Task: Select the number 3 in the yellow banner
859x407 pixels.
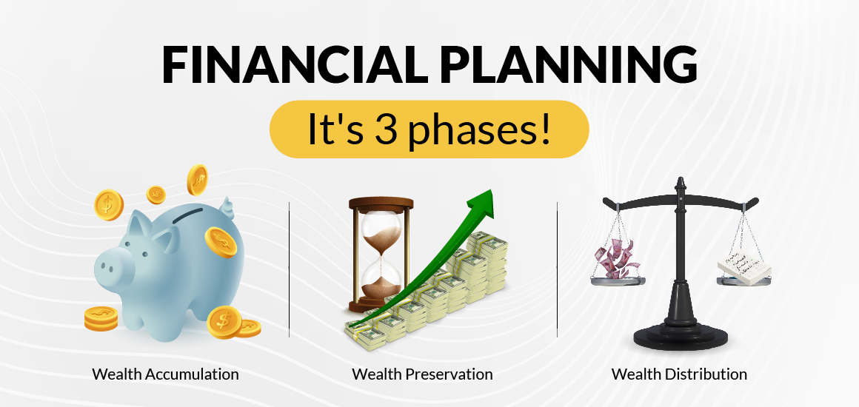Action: tap(386, 129)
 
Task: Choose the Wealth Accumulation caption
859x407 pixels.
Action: tap(165, 374)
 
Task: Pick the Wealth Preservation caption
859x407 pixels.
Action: tap(422, 374)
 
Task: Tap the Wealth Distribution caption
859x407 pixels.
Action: tap(679, 374)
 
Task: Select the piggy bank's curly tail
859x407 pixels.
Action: tap(227, 208)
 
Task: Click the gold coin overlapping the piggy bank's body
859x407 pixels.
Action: tap(221, 243)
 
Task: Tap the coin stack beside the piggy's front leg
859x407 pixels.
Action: tap(101, 319)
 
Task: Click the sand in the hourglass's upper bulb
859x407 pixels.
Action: tap(381, 230)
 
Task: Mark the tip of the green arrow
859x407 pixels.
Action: tap(491, 190)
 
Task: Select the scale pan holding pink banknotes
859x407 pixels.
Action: tap(618, 281)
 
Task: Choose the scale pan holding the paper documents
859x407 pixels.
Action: tap(743, 281)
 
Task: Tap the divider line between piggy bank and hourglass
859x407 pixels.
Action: tap(289, 269)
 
